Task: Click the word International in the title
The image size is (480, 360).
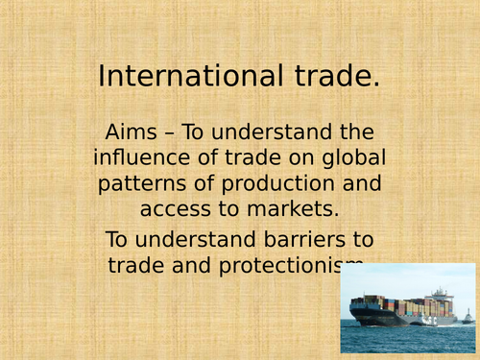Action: tap(177, 76)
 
